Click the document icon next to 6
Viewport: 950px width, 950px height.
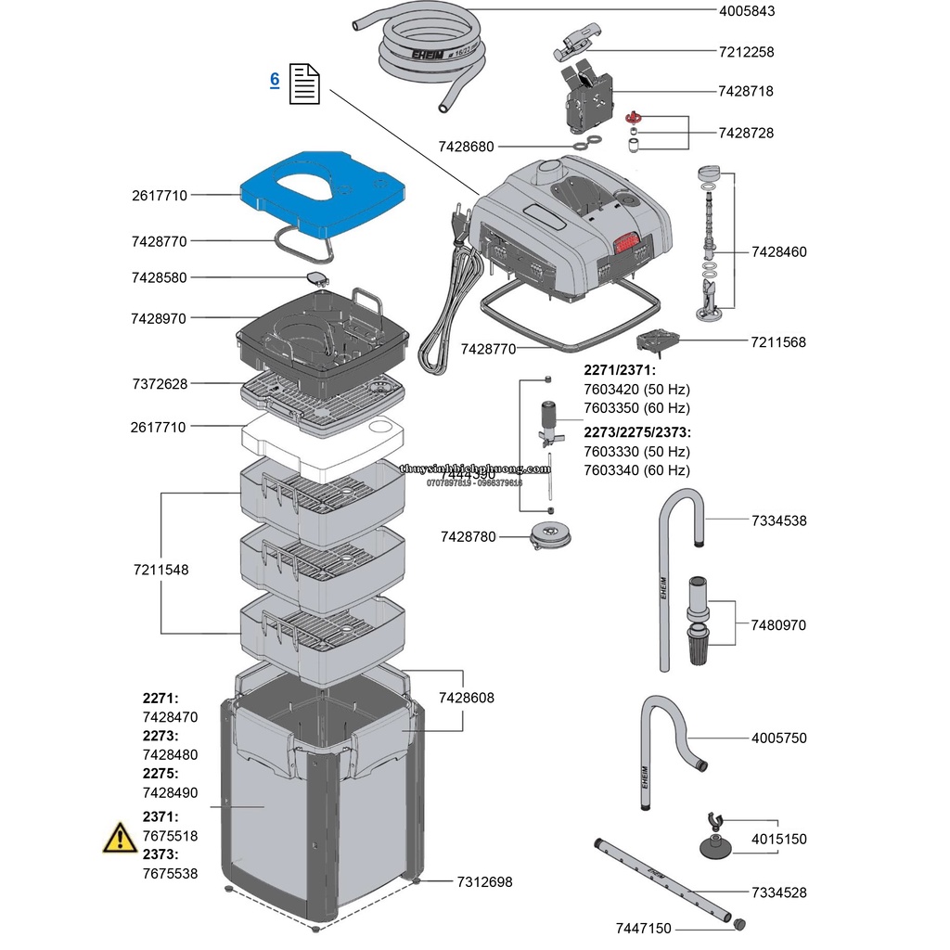(305, 83)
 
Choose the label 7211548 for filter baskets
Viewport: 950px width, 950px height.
(160, 570)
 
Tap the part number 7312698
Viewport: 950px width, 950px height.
(484, 882)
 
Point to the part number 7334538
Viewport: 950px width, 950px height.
(778, 520)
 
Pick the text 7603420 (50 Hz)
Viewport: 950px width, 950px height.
(636, 389)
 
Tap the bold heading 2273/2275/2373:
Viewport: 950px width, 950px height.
(636, 432)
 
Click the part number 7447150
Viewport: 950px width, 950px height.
(643, 929)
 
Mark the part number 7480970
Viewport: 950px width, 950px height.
(778, 624)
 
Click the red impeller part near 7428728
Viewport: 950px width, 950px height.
(635, 118)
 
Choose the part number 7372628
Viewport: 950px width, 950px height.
(159, 383)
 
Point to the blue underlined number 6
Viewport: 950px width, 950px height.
(275, 80)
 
